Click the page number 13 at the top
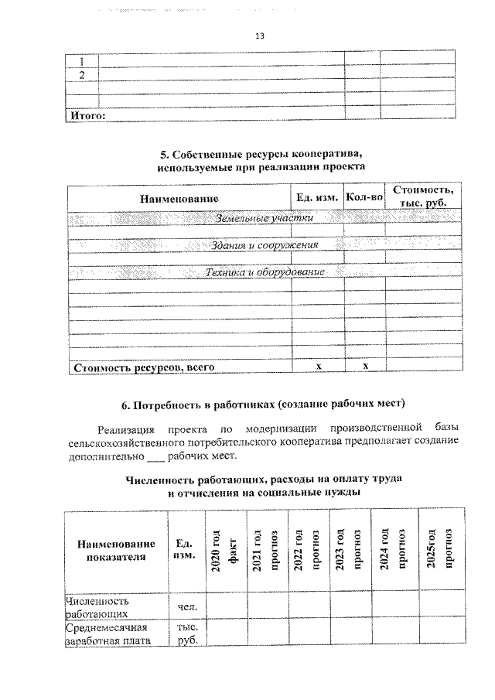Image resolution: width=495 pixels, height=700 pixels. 260,36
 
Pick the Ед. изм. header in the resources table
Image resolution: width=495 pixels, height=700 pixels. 317,198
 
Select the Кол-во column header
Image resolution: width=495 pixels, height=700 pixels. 364,198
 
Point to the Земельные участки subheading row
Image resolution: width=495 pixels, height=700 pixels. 265,218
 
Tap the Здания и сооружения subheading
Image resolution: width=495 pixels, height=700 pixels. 265,245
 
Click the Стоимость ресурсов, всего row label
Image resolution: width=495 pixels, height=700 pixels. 143,367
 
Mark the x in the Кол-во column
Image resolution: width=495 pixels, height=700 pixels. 364,367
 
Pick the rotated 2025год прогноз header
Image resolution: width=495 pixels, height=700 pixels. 442,551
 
